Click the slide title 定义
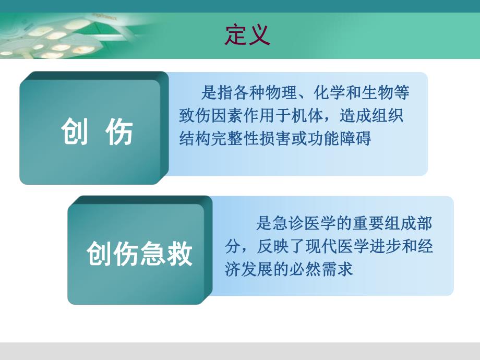[247, 35]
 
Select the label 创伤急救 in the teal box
[140, 254]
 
